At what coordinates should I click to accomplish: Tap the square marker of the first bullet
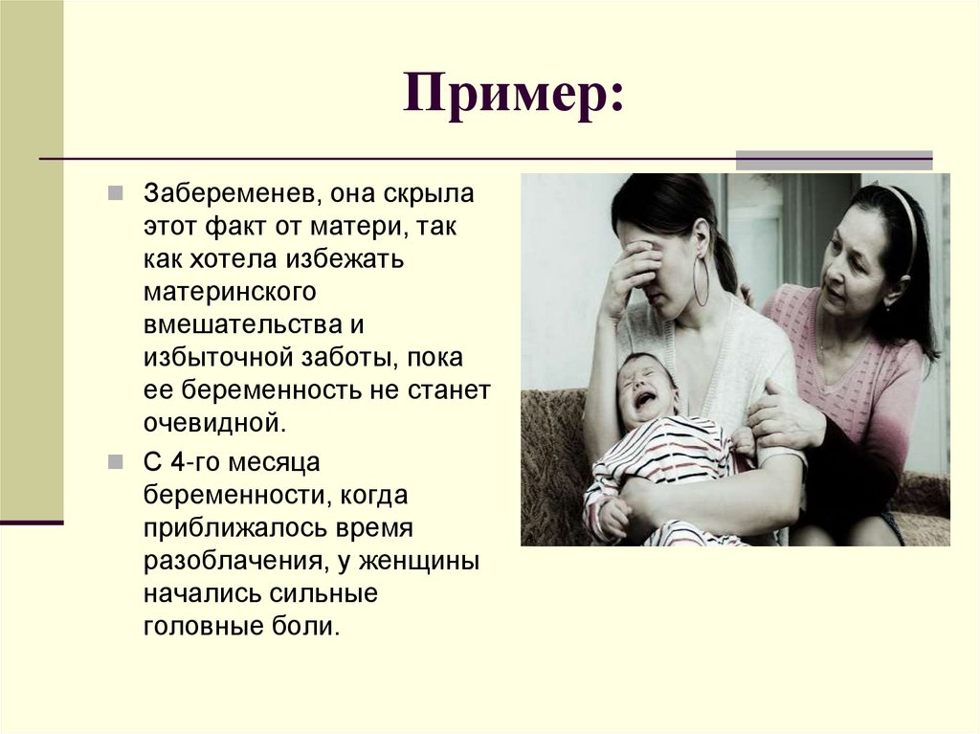(x=115, y=192)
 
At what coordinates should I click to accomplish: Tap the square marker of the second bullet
(x=115, y=461)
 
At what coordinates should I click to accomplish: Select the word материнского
(x=231, y=291)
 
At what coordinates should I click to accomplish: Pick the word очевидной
(x=215, y=422)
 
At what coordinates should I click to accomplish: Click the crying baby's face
(x=647, y=389)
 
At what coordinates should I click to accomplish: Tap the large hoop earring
(x=702, y=278)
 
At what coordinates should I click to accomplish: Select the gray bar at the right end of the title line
(x=833, y=160)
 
